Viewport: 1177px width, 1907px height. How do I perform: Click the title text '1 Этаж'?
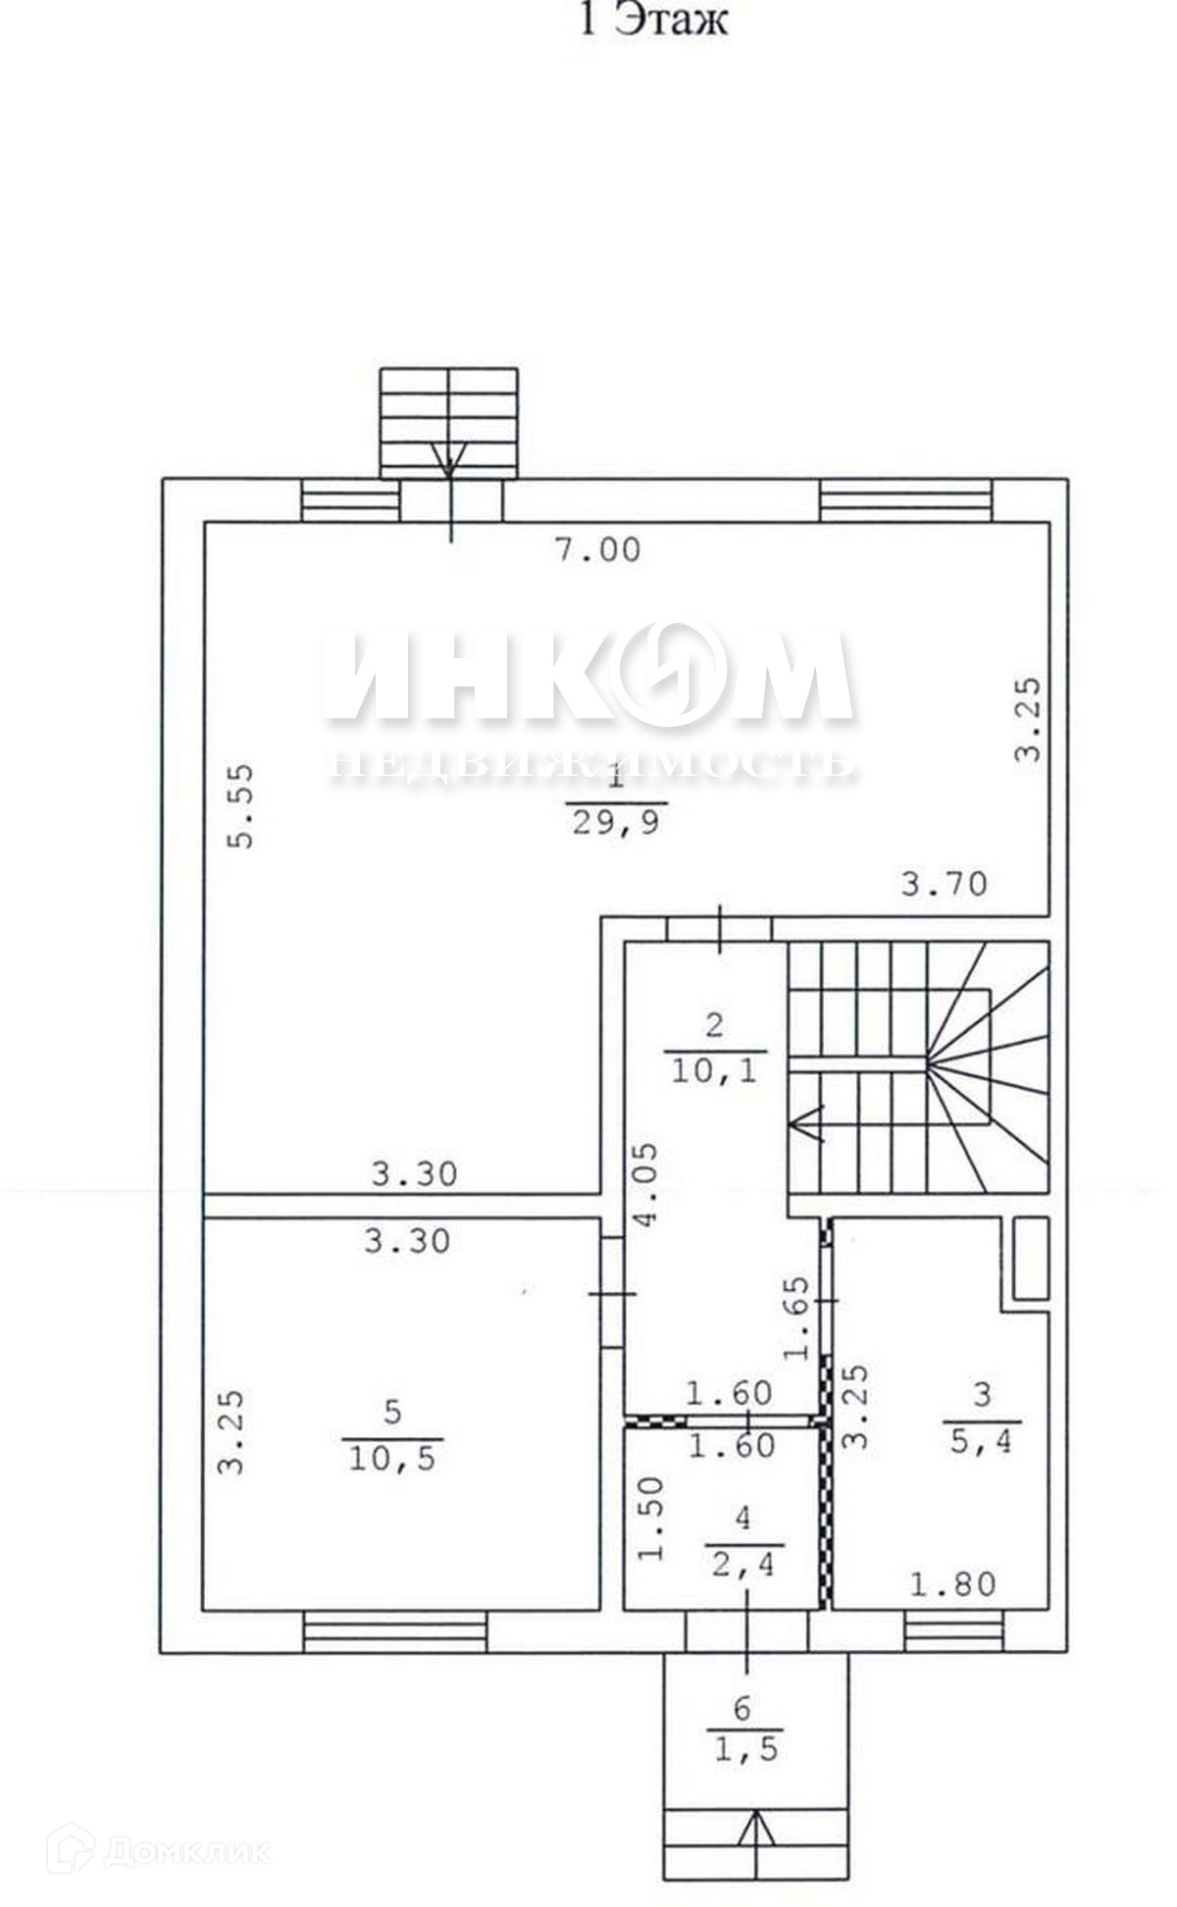pos(654,19)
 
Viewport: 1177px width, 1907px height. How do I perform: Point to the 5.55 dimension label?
pos(239,806)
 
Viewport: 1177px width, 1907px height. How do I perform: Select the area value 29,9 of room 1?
pos(616,820)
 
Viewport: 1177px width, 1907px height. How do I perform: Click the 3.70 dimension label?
pos(944,884)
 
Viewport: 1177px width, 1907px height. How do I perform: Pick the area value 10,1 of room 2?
pos(713,1068)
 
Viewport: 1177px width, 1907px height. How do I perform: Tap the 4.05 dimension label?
pos(647,1185)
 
